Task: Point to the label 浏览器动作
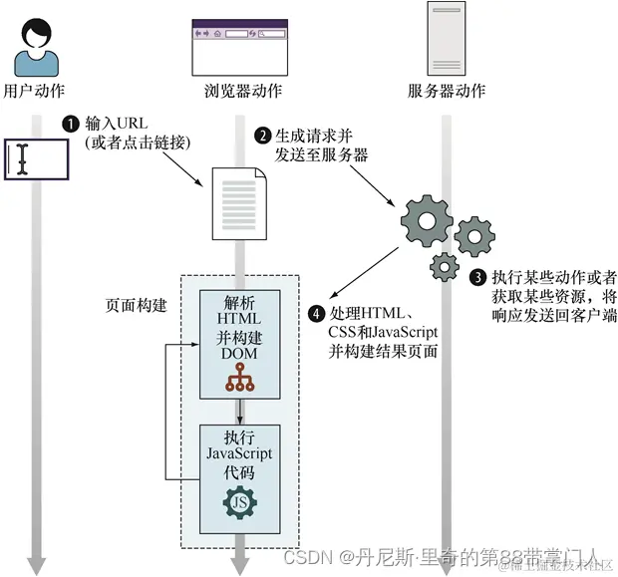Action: click(x=236, y=92)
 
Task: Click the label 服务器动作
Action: click(x=447, y=92)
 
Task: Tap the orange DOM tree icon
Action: click(x=239, y=376)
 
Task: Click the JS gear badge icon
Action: click(x=239, y=501)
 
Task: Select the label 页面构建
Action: click(x=135, y=303)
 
